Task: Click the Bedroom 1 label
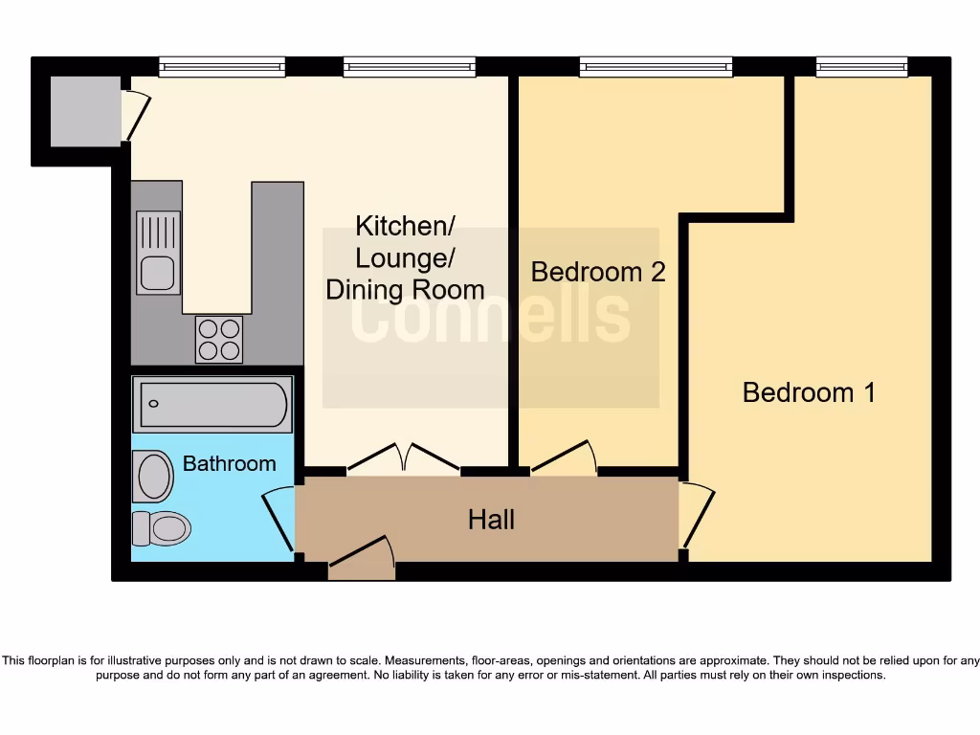(809, 392)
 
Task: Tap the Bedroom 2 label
(598, 272)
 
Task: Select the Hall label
(491, 520)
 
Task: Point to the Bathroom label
(229, 463)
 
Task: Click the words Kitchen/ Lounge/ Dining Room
(405, 257)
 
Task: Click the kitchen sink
(158, 253)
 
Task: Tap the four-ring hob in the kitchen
(218, 339)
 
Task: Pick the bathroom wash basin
(153, 476)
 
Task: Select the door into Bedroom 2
(564, 457)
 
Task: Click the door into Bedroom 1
(696, 517)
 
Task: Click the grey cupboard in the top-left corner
(86, 112)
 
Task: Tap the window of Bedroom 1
(861, 67)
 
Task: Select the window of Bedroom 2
(656, 67)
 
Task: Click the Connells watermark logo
(490, 317)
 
